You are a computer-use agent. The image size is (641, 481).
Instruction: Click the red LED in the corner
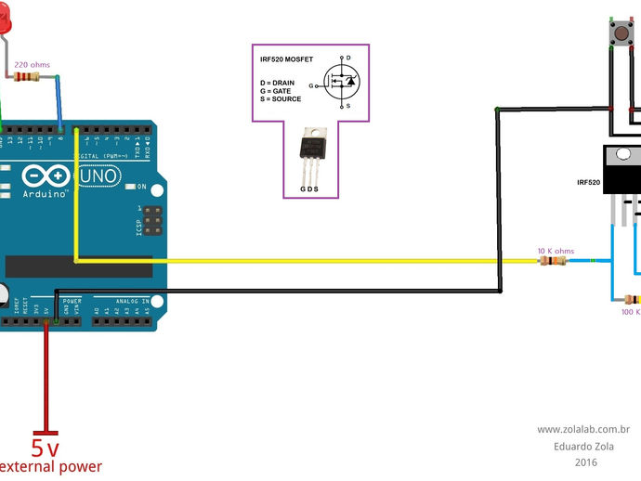point(5,20)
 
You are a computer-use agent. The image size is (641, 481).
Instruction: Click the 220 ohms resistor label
point(33,64)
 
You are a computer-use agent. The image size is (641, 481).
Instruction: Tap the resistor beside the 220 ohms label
point(28,77)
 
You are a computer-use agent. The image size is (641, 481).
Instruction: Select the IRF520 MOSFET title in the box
point(286,58)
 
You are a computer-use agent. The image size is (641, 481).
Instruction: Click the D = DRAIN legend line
point(278,82)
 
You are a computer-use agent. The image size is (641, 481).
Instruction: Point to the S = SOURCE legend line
point(281,98)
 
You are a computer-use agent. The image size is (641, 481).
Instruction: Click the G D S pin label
point(310,188)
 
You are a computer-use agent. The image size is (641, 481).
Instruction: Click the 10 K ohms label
point(556,251)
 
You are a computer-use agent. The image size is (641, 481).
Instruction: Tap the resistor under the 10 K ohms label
point(553,261)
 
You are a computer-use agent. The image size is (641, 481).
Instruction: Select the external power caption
point(48,467)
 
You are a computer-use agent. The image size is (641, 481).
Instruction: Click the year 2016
point(585,461)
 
